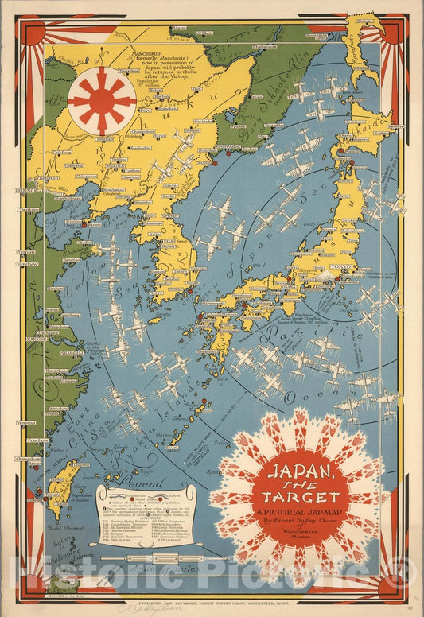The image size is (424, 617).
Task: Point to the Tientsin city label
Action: tap(29, 210)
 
